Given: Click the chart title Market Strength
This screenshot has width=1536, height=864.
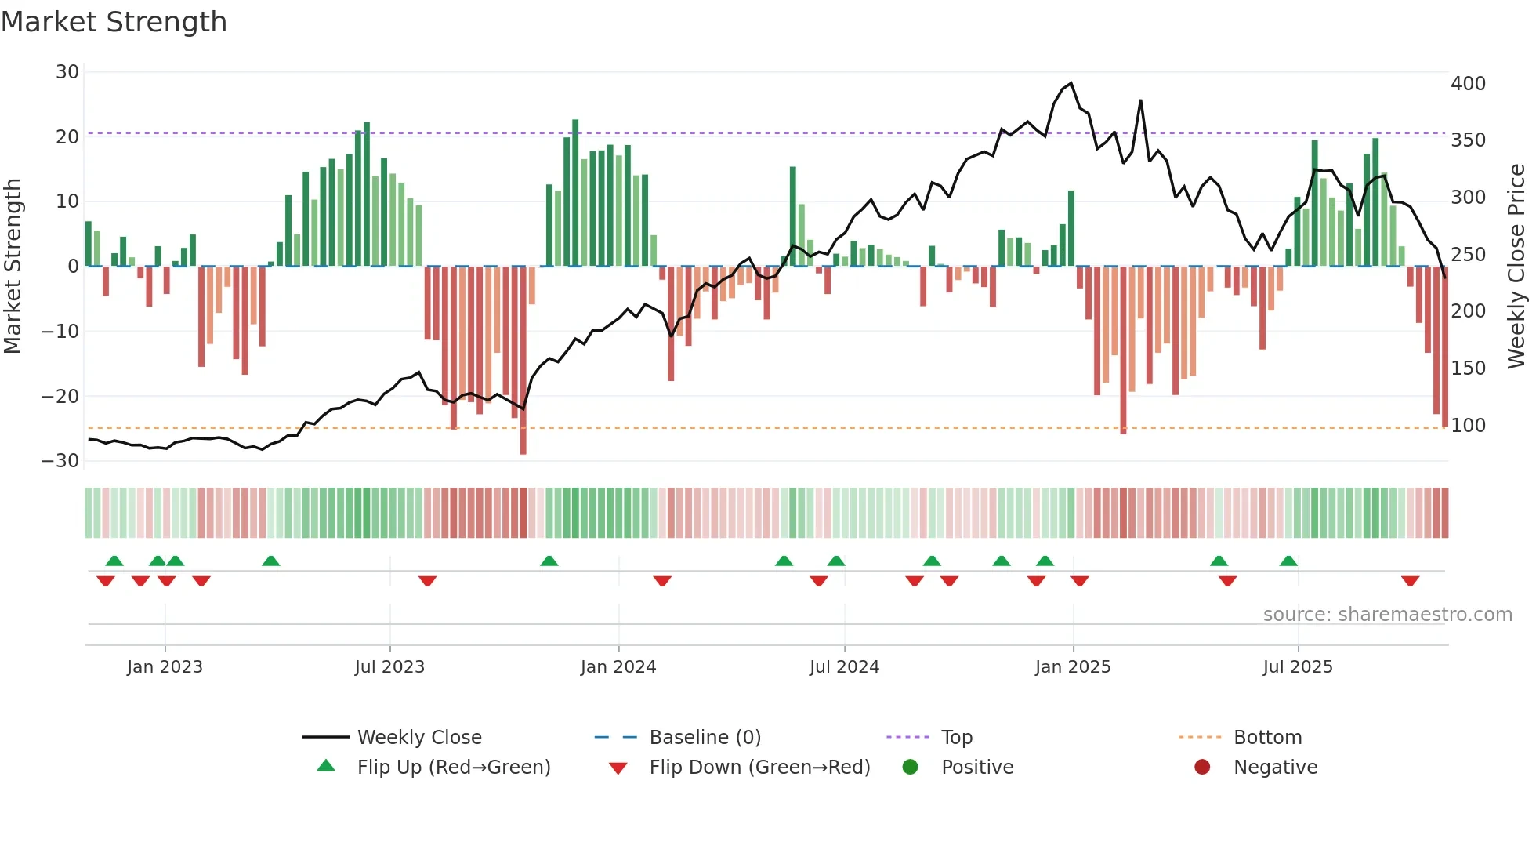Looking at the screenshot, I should [x=114, y=22].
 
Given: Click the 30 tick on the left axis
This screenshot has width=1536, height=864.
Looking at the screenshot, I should [x=67, y=72].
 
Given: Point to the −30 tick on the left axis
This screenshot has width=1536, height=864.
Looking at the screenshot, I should [x=60, y=461].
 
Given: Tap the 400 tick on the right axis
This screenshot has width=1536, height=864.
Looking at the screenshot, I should [x=1468, y=84].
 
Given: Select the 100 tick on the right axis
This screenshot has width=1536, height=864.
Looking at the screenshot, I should [x=1468, y=426].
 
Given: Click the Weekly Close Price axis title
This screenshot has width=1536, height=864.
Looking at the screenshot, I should [x=1516, y=266].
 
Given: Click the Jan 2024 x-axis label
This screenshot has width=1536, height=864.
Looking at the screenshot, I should [x=618, y=667].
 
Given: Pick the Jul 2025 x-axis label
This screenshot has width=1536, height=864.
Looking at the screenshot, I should [x=1297, y=667].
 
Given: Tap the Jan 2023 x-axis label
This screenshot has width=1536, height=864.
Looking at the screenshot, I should [x=165, y=667].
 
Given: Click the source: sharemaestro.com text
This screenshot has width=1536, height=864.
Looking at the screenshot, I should [x=1387, y=615].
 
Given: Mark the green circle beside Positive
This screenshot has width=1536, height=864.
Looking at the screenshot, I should [x=910, y=767].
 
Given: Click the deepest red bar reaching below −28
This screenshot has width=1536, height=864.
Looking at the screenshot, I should [x=523, y=439].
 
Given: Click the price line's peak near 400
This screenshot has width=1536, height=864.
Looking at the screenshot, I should [x=1070, y=83].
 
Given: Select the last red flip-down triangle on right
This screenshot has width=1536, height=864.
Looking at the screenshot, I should [x=1410, y=581].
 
